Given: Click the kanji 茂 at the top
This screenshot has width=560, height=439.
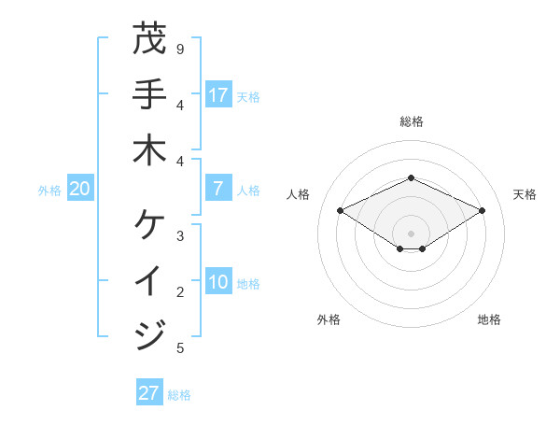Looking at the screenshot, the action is [149, 39].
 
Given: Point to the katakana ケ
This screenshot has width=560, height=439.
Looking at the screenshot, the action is [149, 224].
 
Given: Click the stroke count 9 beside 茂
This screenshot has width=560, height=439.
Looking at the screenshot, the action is [180, 49].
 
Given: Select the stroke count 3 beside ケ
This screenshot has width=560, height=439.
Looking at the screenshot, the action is [180, 236].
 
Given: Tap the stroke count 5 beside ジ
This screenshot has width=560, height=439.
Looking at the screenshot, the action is [180, 348].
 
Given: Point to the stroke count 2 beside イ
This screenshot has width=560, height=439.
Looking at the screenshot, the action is [180, 292].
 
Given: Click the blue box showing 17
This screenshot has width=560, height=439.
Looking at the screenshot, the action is [218, 95].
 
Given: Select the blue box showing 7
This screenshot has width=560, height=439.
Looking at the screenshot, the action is [218, 189].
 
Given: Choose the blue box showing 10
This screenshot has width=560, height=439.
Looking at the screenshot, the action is [218, 283].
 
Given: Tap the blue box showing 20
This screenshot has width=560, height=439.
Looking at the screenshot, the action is [79, 190].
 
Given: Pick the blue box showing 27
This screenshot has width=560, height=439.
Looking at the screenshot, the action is [148, 393].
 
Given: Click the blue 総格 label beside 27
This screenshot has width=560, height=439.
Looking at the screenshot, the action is [179, 395].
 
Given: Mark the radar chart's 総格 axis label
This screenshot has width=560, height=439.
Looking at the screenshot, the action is [412, 121].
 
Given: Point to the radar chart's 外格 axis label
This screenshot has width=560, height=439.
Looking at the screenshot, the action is [329, 319].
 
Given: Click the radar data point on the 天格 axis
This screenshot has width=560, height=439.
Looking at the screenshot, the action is [482, 211].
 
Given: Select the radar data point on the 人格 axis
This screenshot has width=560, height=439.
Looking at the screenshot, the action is [341, 211].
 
